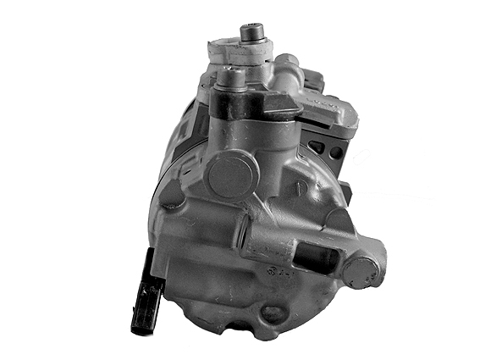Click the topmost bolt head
pos(251,33)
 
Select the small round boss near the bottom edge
pos(273,314)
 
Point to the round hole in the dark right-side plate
pos(338,152)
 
